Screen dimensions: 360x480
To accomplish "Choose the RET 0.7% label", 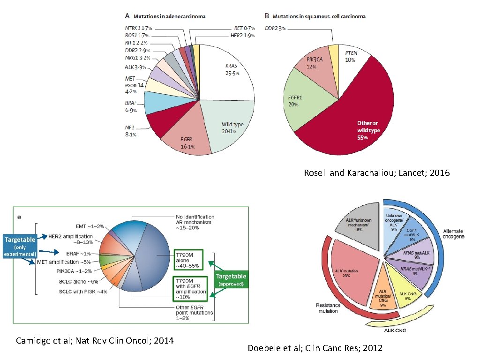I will pos(245,29).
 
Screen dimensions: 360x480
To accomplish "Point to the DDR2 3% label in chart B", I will pos(275,29).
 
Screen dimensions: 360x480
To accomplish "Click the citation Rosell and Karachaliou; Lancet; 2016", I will pos(376,173).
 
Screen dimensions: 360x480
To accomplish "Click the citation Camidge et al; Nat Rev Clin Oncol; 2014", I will pos(95,340).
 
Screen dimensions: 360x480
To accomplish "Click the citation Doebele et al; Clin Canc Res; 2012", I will pos(315,348).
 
